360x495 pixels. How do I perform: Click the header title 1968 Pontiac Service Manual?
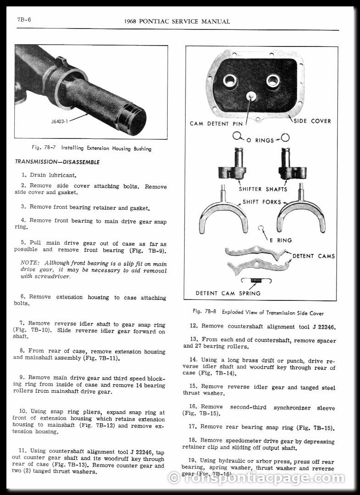[177, 22]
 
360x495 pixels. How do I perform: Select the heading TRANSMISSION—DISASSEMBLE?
[57, 162]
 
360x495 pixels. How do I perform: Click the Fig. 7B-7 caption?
[92, 149]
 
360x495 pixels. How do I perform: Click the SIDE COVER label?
[312, 121]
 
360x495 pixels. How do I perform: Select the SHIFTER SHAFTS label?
[263, 189]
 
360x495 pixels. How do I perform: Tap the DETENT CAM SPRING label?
[228, 293]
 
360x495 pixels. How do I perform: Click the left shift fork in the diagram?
[223, 214]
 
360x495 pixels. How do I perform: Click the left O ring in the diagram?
[238, 136]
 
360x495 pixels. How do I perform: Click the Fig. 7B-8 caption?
[258, 312]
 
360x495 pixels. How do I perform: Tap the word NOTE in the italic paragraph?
[30, 264]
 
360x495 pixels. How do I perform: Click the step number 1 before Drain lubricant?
[23, 175]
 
